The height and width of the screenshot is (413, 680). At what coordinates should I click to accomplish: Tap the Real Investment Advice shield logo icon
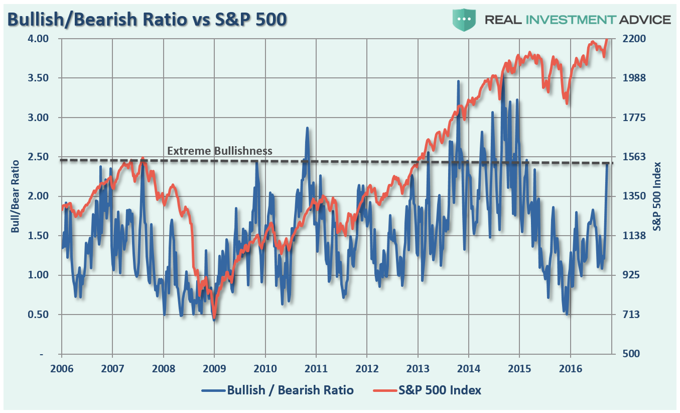[x=465, y=20]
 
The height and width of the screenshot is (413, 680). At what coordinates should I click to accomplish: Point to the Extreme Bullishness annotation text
[x=219, y=151]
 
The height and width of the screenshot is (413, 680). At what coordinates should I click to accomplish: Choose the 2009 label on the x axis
[x=214, y=369]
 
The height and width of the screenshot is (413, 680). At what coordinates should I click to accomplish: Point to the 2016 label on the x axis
[x=570, y=369]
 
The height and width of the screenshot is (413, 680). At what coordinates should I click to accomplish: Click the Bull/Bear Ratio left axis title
[x=15, y=196]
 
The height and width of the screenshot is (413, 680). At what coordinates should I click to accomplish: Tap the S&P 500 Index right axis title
[x=657, y=196]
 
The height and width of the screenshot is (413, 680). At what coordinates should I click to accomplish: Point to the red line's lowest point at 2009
[x=214, y=318]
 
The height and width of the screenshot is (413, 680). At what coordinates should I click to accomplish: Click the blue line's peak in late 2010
[x=307, y=129]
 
